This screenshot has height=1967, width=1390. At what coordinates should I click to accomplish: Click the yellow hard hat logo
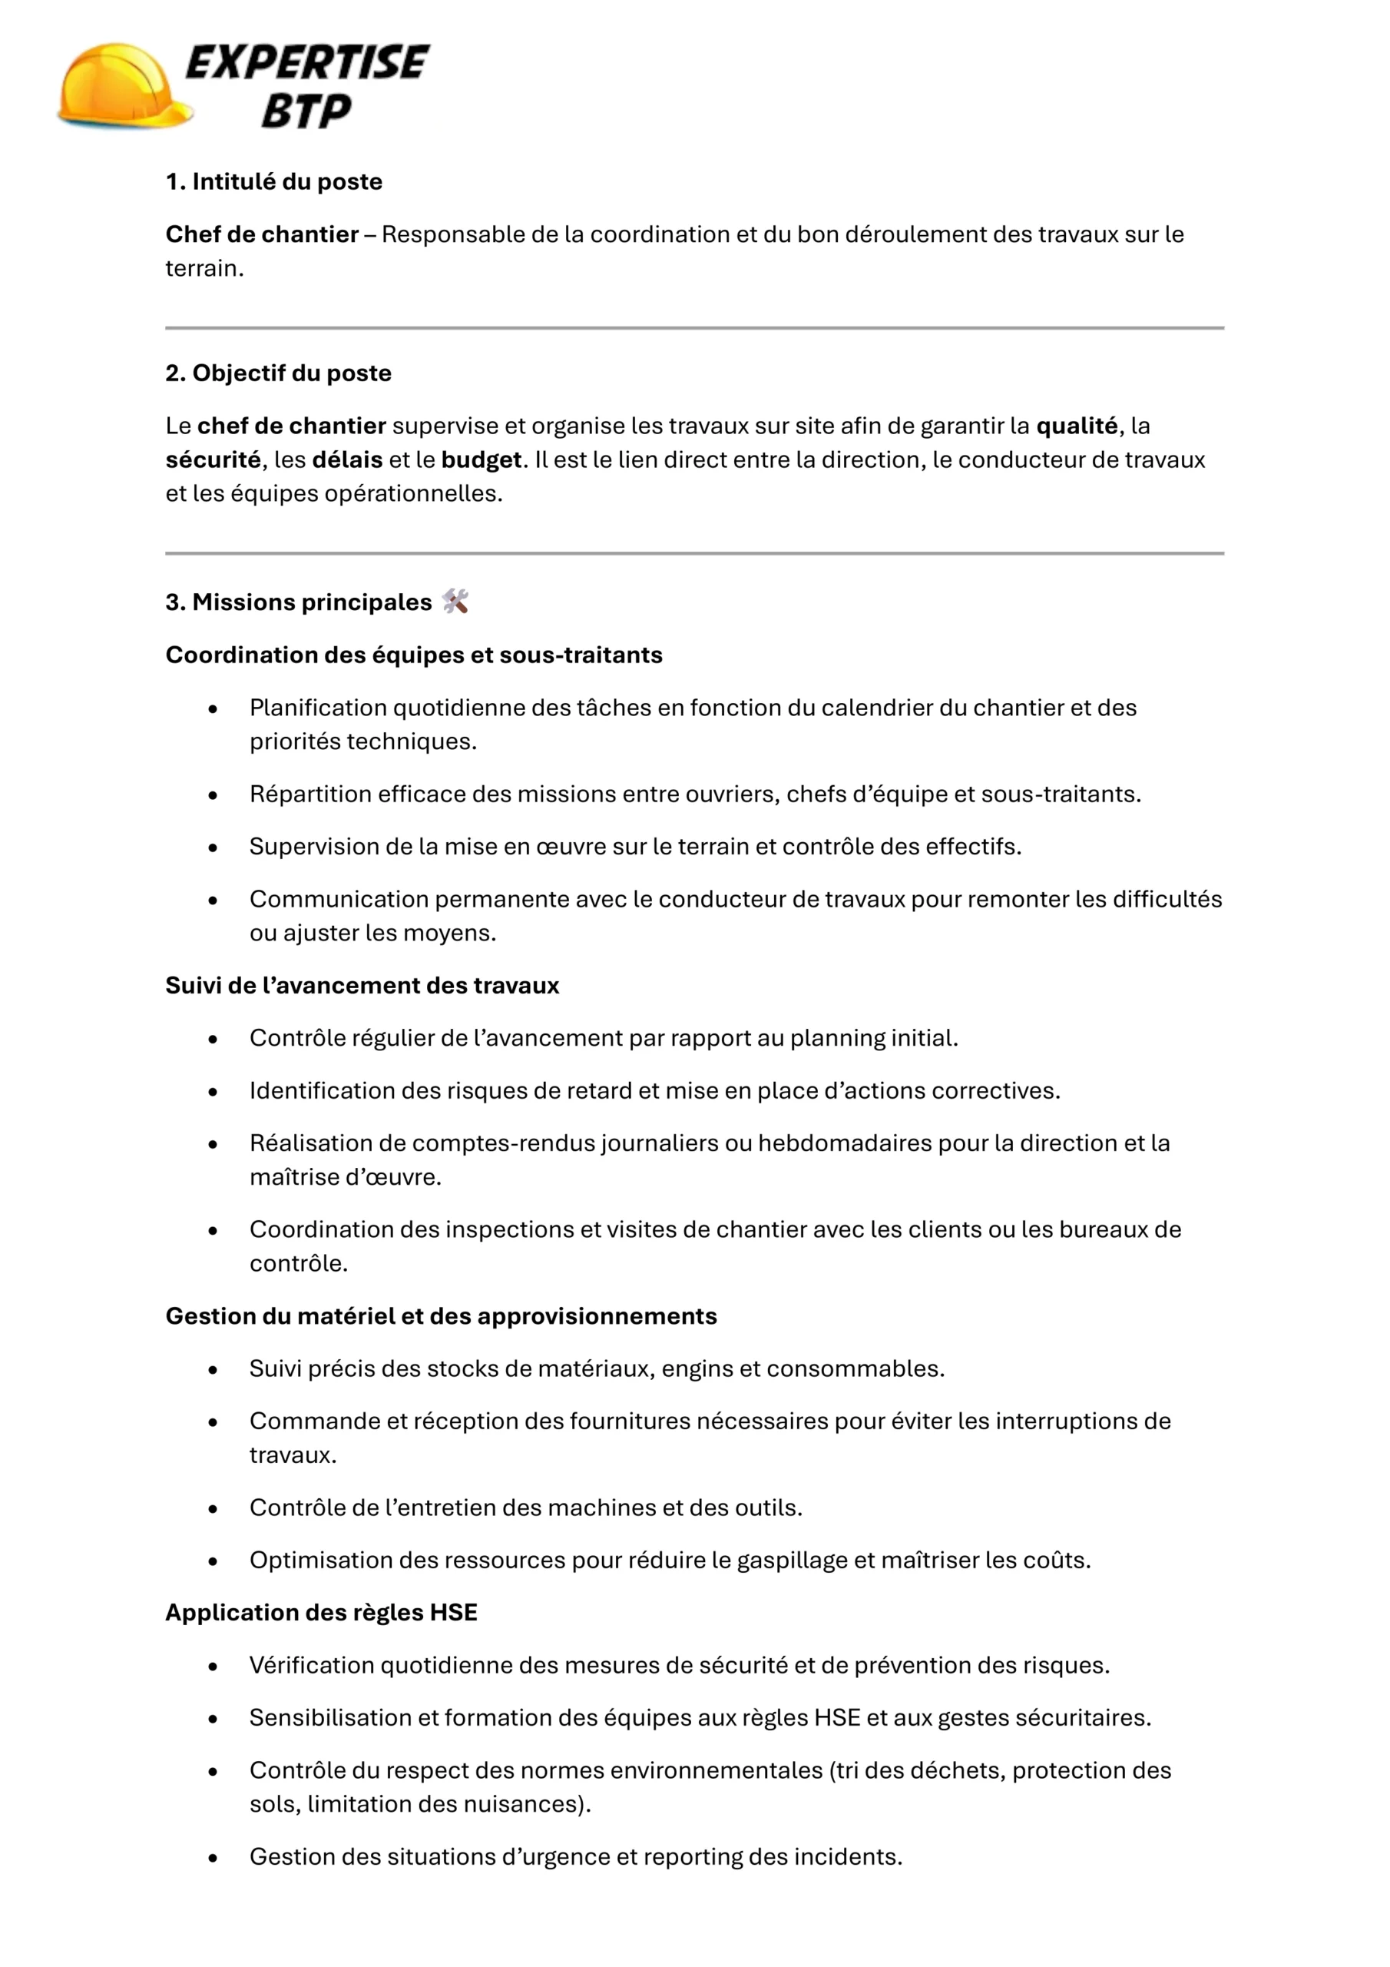(x=124, y=85)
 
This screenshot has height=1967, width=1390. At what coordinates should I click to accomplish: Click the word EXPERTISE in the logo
(x=306, y=62)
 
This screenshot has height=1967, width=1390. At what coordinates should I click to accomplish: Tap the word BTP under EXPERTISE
(x=306, y=111)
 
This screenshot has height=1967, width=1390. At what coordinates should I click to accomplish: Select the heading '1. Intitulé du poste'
(x=273, y=181)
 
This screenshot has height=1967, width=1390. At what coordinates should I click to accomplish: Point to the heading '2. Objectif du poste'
(x=278, y=373)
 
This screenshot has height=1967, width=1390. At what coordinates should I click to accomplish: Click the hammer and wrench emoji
(x=455, y=602)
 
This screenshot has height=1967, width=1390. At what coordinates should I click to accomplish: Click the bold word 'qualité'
(x=1077, y=426)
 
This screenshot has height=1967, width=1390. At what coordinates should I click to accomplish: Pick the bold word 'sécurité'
(x=213, y=460)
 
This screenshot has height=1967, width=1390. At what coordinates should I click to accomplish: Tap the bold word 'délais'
(x=347, y=460)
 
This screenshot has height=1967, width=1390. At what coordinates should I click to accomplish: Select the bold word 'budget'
(x=481, y=460)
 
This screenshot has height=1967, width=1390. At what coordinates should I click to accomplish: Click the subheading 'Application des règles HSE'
(x=321, y=1612)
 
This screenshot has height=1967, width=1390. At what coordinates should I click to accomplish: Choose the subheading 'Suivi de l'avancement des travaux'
(x=362, y=985)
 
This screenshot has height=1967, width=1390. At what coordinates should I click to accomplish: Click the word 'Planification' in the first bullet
(x=318, y=708)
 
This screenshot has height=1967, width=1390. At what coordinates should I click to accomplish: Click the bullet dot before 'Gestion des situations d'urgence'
(x=213, y=1857)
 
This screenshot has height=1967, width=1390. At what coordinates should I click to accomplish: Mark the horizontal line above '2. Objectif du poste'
(x=693, y=328)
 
